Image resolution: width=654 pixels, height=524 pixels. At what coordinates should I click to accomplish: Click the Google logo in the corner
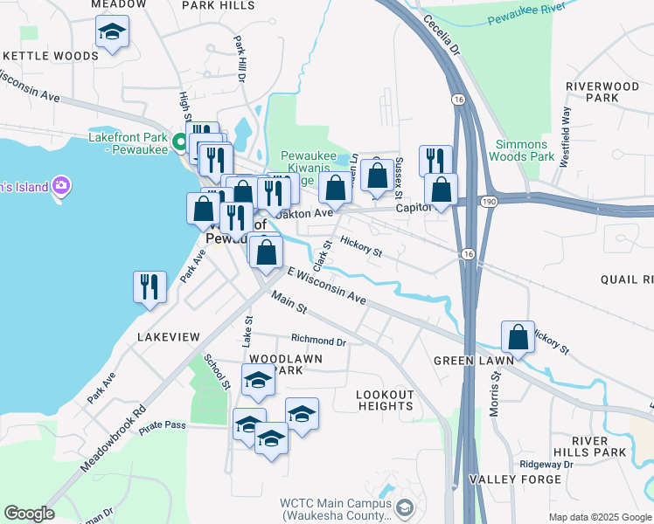pos(29,514)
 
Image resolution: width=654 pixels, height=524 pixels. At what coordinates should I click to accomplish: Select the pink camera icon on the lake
pos(60,185)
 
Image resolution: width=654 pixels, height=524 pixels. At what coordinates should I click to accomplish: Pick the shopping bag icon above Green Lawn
pos(518,339)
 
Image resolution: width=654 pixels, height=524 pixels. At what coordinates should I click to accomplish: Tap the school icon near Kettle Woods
pos(111,33)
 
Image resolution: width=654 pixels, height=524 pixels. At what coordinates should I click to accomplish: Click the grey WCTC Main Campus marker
pos(405,507)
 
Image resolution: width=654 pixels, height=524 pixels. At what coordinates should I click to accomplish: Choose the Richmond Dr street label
pos(318,341)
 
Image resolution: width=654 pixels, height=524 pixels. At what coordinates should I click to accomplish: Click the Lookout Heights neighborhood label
pos(385,400)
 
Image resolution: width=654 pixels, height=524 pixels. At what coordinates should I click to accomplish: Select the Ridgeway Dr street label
pos(545,465)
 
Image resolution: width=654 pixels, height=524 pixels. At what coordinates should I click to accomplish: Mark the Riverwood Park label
pos(602,92)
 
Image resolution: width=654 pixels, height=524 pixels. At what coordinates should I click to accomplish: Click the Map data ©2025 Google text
pos(600,517)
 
